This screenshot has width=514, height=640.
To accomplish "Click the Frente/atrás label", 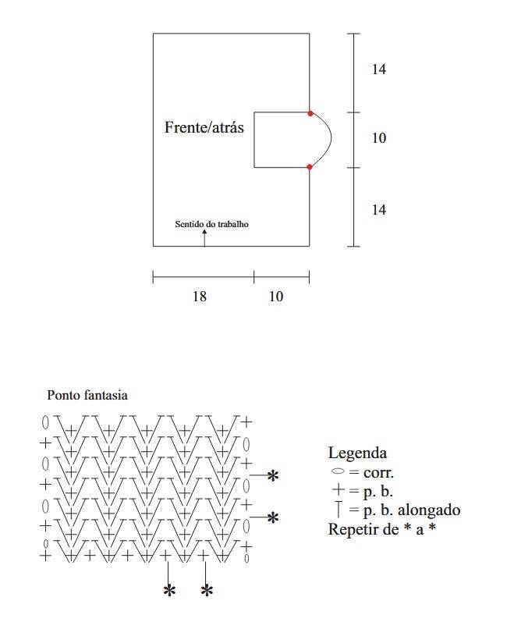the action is [204, 127].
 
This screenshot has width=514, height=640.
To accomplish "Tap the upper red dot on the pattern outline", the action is [310, 113].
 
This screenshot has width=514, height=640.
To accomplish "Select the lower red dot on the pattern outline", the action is [310, 167].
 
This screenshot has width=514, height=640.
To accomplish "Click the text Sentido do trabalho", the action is [211, 224].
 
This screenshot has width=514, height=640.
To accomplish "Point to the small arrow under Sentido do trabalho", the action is [204, 238].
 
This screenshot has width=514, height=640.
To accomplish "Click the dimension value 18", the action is [200, 297].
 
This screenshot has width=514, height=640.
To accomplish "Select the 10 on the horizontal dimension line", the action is [276, 297].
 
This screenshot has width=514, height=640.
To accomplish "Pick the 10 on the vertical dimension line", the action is [378, 138].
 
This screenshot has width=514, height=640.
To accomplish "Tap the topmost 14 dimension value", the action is [378, 69].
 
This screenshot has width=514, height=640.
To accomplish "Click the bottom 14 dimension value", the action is [378, 210].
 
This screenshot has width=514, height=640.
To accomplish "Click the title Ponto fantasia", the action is [87, 395].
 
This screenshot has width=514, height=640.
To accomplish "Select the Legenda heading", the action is [357, 453].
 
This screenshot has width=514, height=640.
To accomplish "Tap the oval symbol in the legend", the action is [339, 471].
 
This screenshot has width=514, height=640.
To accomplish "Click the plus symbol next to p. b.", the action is [339, 489].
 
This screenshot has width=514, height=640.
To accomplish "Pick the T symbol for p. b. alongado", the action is [339, 510].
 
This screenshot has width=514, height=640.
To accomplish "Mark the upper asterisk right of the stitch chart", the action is [273, 476].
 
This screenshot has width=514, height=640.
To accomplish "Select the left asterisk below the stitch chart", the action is [169, 591].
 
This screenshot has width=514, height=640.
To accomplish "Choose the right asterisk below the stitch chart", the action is [207, 591].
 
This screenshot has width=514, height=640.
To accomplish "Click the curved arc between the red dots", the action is [331, 138].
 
